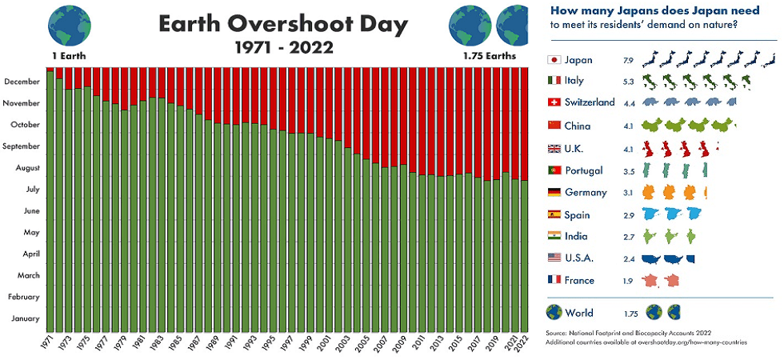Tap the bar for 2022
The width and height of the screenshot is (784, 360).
tap(525, 256)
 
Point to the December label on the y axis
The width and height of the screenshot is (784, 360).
tap(22, 82)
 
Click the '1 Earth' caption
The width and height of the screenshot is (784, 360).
tap(69, 57)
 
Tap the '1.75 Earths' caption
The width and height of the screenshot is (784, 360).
tap(490, 57)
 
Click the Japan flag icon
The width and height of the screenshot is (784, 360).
tap(554, 60)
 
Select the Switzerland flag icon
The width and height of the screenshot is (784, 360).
tap(554, 102)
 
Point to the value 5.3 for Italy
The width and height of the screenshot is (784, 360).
tap(628, 81)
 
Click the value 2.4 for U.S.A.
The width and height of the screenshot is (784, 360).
tap(628, 258)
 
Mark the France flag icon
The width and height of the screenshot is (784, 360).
tap(554, 280)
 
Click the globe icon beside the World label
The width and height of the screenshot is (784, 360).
tap(554, 313)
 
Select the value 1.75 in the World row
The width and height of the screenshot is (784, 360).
tap(630, 314)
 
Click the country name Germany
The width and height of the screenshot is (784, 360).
tap(586, 192)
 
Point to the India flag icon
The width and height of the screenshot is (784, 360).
tap(554, 236)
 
